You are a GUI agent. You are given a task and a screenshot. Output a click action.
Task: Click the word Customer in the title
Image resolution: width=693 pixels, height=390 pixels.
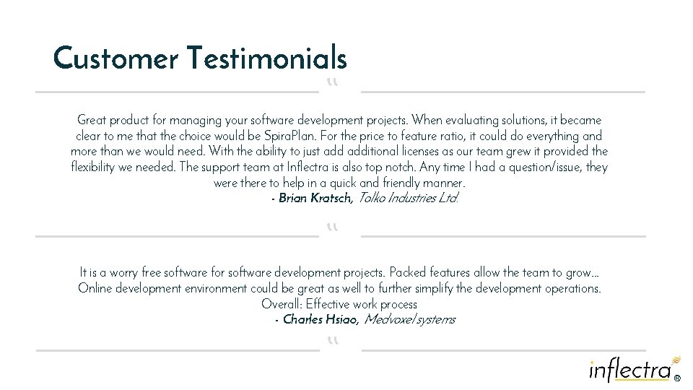coord(115,58)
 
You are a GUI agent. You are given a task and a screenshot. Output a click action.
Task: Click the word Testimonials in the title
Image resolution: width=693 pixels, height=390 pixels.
coord(266,58)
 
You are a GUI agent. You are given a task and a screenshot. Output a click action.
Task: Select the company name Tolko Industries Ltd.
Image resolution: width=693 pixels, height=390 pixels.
coord(408,198)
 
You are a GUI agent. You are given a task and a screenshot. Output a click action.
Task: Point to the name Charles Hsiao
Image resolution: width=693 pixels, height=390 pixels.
coord(321,319)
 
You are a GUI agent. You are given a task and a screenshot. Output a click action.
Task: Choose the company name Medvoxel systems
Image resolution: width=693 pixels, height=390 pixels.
coord(409,319)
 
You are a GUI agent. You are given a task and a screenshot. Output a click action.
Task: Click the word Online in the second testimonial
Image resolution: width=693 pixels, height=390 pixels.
coord(96,288)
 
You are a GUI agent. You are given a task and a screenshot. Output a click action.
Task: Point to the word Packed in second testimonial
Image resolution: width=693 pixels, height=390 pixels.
coord(408,272)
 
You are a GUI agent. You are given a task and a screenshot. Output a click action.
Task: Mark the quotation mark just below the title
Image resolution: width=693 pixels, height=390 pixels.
coord(332,84)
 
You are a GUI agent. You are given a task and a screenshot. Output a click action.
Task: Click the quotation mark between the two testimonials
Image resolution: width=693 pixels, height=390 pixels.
coord(332,228)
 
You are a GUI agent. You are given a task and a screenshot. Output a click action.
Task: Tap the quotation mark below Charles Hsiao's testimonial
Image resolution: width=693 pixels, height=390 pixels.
coord(332,341)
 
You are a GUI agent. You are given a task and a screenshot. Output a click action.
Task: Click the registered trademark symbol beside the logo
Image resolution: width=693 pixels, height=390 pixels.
coord(677,377)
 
